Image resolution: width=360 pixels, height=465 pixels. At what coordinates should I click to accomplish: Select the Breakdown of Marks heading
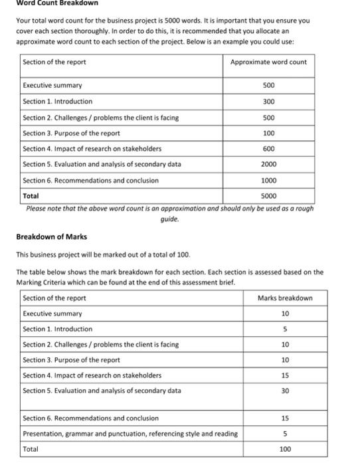(x=51, y=237)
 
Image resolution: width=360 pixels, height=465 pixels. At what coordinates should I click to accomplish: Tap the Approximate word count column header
(x=268, y=62)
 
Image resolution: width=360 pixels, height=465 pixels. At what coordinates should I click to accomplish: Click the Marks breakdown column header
(x=285, y=298)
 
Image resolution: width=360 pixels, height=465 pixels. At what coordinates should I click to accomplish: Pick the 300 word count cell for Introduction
(x=268, y=102)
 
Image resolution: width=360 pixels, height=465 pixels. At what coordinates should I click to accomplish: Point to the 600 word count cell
(x=268, y=149)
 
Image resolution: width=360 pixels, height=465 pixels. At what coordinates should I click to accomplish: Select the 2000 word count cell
(x=268, y=164)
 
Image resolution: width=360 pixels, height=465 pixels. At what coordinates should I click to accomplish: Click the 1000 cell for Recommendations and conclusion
(x=268, y=180)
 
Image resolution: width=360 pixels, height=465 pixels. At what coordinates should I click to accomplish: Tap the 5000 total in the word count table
(x=268, y=196)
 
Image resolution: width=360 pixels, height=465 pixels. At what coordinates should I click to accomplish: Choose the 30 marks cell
(x=285, y=391)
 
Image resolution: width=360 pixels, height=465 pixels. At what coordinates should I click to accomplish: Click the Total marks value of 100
(x=285, y=449)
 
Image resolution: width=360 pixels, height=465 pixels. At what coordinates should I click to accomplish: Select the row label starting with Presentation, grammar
(x=130, y=434)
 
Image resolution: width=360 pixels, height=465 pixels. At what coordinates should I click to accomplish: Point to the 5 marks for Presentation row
(x=285, y=434)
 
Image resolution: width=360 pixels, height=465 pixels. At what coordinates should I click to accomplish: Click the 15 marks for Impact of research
(x=285, y=375)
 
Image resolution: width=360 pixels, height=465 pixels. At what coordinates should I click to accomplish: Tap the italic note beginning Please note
(x=169, y=209)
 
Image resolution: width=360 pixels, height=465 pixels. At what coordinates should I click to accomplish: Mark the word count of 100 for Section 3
(x=268, y=134)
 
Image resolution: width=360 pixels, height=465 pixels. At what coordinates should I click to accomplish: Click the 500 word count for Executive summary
(x=268, y=86)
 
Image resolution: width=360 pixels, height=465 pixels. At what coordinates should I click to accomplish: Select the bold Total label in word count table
(x=31, y=196)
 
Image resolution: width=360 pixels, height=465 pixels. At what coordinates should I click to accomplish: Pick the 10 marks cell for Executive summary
(x=285, y=314)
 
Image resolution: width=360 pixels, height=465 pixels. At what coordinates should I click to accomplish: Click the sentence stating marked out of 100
(x=103, y=254)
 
